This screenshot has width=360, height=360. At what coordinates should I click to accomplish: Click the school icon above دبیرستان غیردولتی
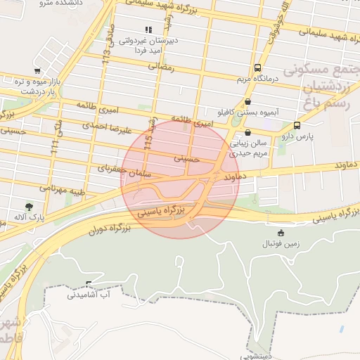(148, 30)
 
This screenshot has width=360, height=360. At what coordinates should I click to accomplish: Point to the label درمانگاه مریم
(258, 79)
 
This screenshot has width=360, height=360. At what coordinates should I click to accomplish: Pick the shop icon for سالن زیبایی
(247, 132)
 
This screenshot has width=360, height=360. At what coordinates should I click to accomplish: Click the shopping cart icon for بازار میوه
(37, 71)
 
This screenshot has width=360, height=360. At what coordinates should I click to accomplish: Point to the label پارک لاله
(29, 217)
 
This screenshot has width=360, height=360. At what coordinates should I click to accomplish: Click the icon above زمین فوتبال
(281, 233)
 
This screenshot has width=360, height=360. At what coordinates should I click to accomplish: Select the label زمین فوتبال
(281, 243)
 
